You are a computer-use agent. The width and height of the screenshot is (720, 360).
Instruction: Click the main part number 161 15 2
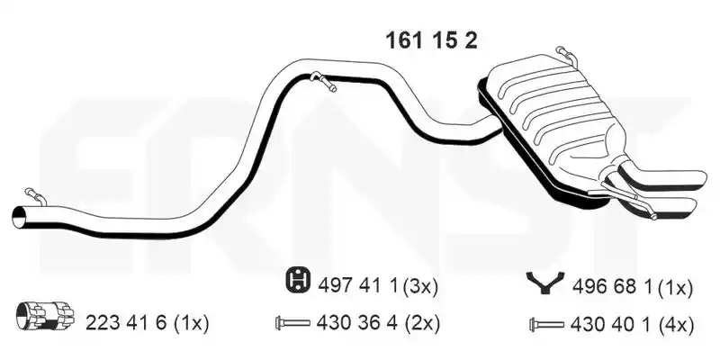click(x=431, y=40)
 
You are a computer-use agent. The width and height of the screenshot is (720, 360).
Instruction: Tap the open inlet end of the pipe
click(x=20, y=216)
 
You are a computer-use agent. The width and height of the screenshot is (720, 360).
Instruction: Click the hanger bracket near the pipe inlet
click(x=35, y=196)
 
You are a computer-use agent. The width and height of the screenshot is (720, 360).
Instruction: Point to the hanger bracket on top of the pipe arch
click(x=323, y=81)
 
